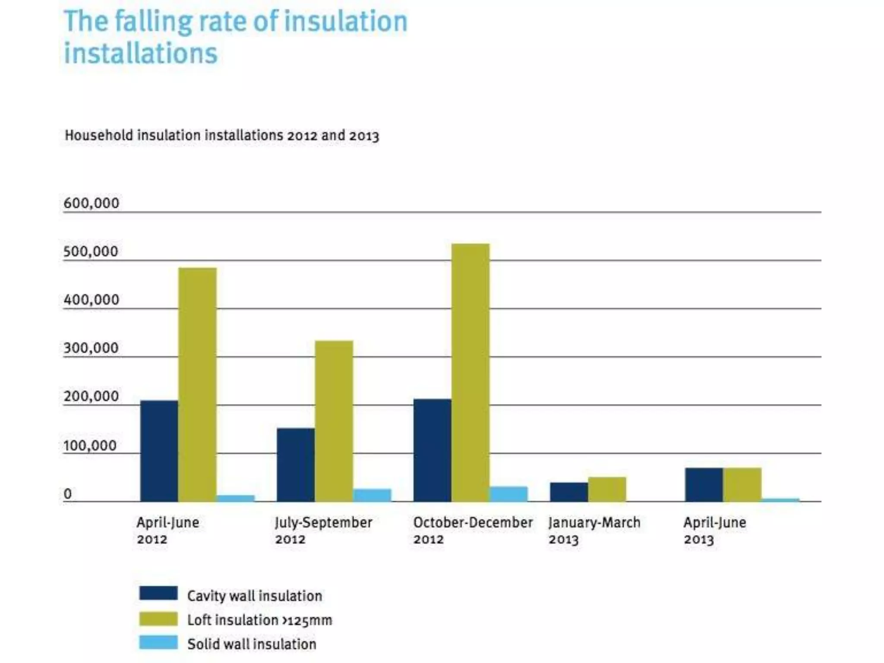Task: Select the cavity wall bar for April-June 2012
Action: [x=159, y=451]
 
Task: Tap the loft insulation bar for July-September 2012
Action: [x=334, y=421]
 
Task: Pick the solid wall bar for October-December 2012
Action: [x=508, y=494]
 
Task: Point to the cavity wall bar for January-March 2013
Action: [x=569, y=492]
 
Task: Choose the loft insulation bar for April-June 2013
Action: [x=742, y=484]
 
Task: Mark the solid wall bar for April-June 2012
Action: [x=236, y=498]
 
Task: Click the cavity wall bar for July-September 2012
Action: [x=296, y=464]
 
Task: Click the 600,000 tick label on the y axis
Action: [x=91, y=203]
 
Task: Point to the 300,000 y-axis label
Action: [x=91, y=348]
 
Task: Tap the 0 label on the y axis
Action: [x=68, y=494]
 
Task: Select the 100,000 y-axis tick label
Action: [x=90, y=445]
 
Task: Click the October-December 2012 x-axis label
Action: [x=473, y=530]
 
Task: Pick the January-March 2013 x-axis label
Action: [x=594, y=530]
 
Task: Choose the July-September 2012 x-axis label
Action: [x=324, y=530]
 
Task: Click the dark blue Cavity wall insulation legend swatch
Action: [x=158, y=593]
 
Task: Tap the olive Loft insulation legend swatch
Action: [x=158, y=619]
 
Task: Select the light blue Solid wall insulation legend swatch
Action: [x=158, y=642]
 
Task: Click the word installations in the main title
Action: [x=141, y=54]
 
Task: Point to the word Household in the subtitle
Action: [x=99, y=135]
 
